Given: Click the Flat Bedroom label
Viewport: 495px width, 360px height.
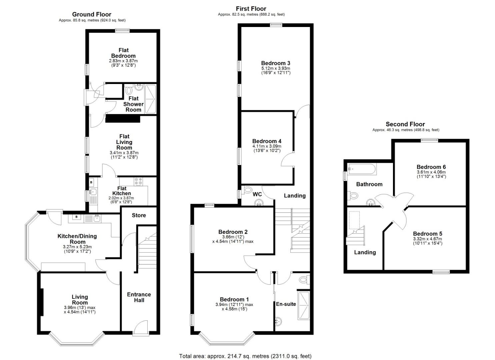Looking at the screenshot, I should coord(123,53).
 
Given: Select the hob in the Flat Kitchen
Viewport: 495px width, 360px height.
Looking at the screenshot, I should coord(138,181).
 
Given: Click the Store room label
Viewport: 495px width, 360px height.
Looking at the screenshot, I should coord(139,215).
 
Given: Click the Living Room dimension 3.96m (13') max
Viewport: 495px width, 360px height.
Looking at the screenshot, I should coord(80,308).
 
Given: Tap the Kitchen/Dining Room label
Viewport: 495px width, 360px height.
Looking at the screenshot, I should coord(77,239).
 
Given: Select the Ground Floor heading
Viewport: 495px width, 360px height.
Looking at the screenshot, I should coord(92,14).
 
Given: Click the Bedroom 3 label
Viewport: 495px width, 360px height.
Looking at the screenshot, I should coord(276,63).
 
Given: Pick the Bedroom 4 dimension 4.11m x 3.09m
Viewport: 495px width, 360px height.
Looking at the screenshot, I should coord(267,146).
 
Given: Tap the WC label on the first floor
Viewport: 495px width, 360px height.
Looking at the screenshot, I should coord(257,194).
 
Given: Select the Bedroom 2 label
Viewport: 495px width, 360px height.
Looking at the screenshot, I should coord(233,232).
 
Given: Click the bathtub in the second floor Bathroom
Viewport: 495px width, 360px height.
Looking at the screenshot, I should coord(362,169).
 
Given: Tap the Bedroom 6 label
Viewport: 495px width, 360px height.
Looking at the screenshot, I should coord(431,167).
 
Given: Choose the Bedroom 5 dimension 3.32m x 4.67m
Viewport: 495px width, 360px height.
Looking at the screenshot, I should coord(427,239).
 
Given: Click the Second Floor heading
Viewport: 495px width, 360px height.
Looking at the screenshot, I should coord(405,124).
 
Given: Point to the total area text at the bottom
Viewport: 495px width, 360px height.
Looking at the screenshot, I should coord(245,356).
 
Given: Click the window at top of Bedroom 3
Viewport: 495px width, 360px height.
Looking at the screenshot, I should coord(276,24).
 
